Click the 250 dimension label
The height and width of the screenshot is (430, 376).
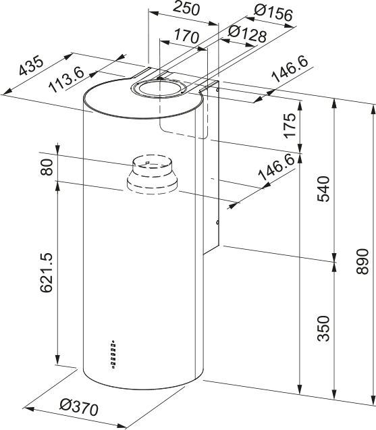(185, 9)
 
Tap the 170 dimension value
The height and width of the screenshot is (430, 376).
(187, 36)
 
